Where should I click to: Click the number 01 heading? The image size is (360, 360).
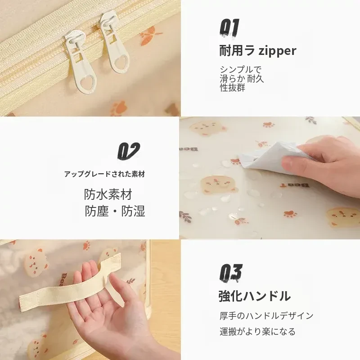(229, 27)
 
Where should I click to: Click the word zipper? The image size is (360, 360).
(277, 51)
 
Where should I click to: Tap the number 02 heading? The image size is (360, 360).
(129, 151)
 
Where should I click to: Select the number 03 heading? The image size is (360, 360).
(231, 272)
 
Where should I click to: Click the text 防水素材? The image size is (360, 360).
(108, 194)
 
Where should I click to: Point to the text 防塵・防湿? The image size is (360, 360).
(115, 211)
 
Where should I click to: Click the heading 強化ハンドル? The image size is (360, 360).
(255, 296)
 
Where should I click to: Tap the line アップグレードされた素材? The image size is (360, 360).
(104, 174)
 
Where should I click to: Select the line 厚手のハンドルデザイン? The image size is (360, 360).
(266, 316)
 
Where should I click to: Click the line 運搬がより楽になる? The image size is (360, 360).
(257, 332)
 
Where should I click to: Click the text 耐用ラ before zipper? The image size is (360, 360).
(237, 50)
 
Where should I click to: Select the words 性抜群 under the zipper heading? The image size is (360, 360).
(233, 88)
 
